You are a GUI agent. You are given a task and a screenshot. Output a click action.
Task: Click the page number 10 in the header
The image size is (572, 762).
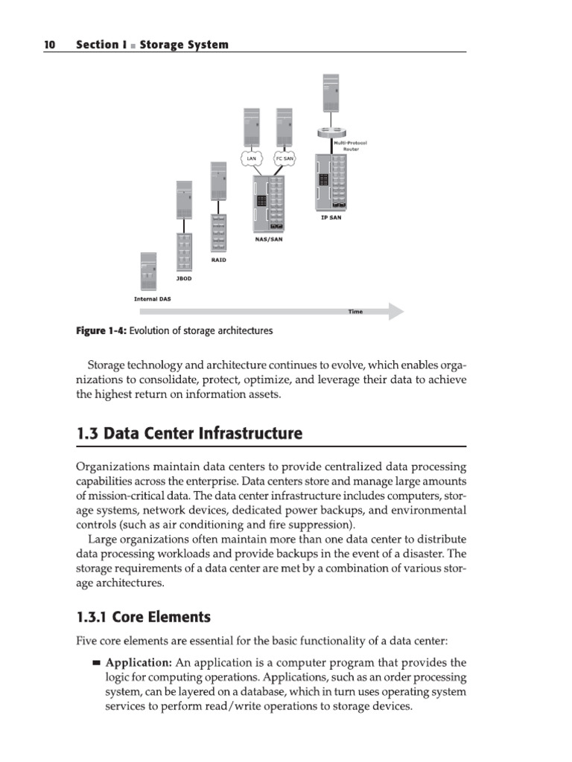tap(49, 45)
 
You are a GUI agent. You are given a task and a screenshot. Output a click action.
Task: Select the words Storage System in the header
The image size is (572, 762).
tap(185, 45)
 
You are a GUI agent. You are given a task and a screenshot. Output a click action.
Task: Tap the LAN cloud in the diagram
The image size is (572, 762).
tap(251, 158)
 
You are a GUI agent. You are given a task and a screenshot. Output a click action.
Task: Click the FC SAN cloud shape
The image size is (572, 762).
tap(285, 158)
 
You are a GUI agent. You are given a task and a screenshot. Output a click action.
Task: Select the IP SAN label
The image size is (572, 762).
tap(331, 217)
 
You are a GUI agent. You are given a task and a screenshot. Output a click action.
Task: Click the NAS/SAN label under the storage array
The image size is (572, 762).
tap(269, 240)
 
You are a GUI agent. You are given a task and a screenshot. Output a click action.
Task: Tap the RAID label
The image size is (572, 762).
tap(218, 260)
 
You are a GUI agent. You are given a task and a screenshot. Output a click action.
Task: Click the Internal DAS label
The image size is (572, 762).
tap(152, 299)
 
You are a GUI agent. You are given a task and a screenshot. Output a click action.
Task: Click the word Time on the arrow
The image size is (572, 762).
tap(355, 312)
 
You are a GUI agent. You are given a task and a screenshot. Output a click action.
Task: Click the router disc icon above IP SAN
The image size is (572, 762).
tap(328, 133)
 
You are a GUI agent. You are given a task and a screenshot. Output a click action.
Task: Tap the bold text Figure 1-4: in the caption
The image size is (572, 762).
tap(98, 331)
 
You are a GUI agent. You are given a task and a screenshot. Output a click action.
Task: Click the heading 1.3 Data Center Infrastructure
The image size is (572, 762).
tap(189, 433)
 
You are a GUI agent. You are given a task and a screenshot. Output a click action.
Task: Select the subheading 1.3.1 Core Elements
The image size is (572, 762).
tap(144, 617)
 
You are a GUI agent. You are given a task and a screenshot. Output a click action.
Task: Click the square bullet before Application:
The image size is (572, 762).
tap(96, 662)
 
